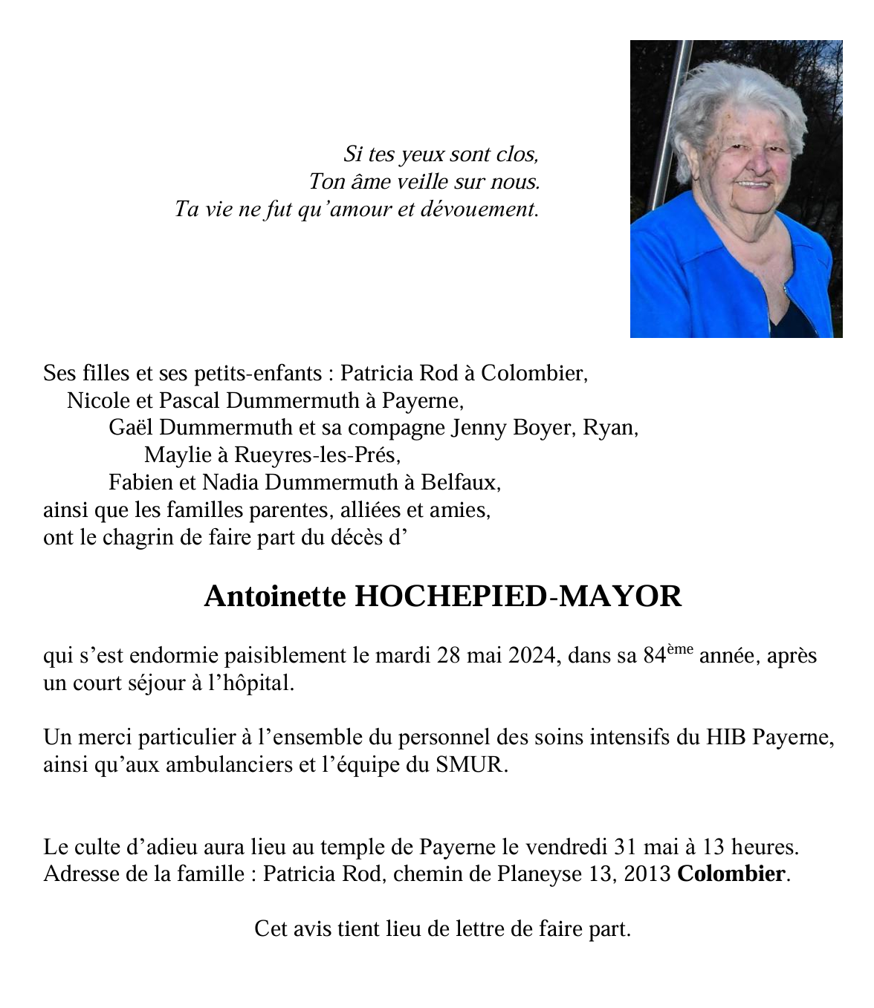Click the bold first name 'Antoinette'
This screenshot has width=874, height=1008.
[x=274, y=596]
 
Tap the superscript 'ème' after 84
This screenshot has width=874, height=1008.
[x=679, y=650]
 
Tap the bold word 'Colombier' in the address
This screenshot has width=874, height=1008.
[x=731, y=874]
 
